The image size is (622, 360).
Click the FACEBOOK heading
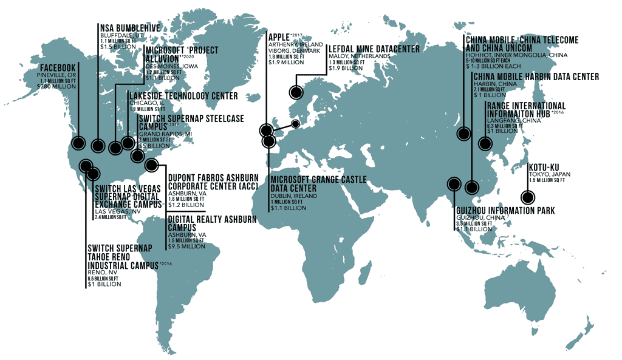[x=58, y=67]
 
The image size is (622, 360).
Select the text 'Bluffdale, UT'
[x=118, y=36]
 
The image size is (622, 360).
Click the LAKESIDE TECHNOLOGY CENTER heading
[x=183, y=96]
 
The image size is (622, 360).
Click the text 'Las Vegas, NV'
[x=113, y=211]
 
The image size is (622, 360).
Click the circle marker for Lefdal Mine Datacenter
[x=296, y=92]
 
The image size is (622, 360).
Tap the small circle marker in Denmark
[x=295, y=124]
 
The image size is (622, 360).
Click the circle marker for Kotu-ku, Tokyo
[x=528, y=197]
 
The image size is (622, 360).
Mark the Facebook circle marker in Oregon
[x=78, y=144]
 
